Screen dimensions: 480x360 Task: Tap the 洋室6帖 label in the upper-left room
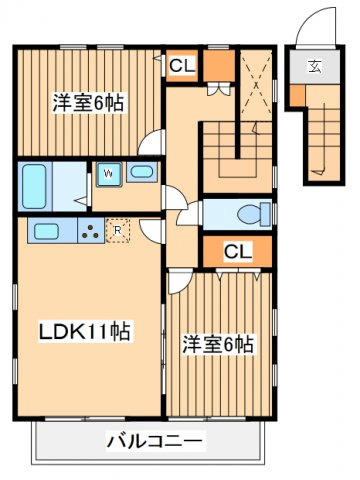click(88, 102)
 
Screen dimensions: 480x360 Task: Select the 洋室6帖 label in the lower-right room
click(217, 345)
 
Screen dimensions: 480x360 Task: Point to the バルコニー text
click(155, 440)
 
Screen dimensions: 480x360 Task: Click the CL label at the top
click(182, 67)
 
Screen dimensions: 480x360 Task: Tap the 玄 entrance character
click(313, 68)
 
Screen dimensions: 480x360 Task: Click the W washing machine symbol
click(108, 172)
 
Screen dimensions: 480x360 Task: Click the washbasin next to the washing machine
click(141, 172)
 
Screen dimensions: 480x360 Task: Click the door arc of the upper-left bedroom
click(152, 144)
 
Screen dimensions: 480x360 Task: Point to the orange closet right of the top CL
click(219, 67)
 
